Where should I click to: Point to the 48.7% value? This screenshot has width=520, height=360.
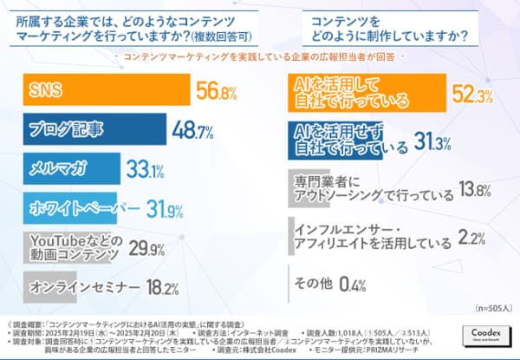pyautogui.click(x=195, y=131)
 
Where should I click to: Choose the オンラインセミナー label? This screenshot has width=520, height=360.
pyautogui.click(x=75, y=287)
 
